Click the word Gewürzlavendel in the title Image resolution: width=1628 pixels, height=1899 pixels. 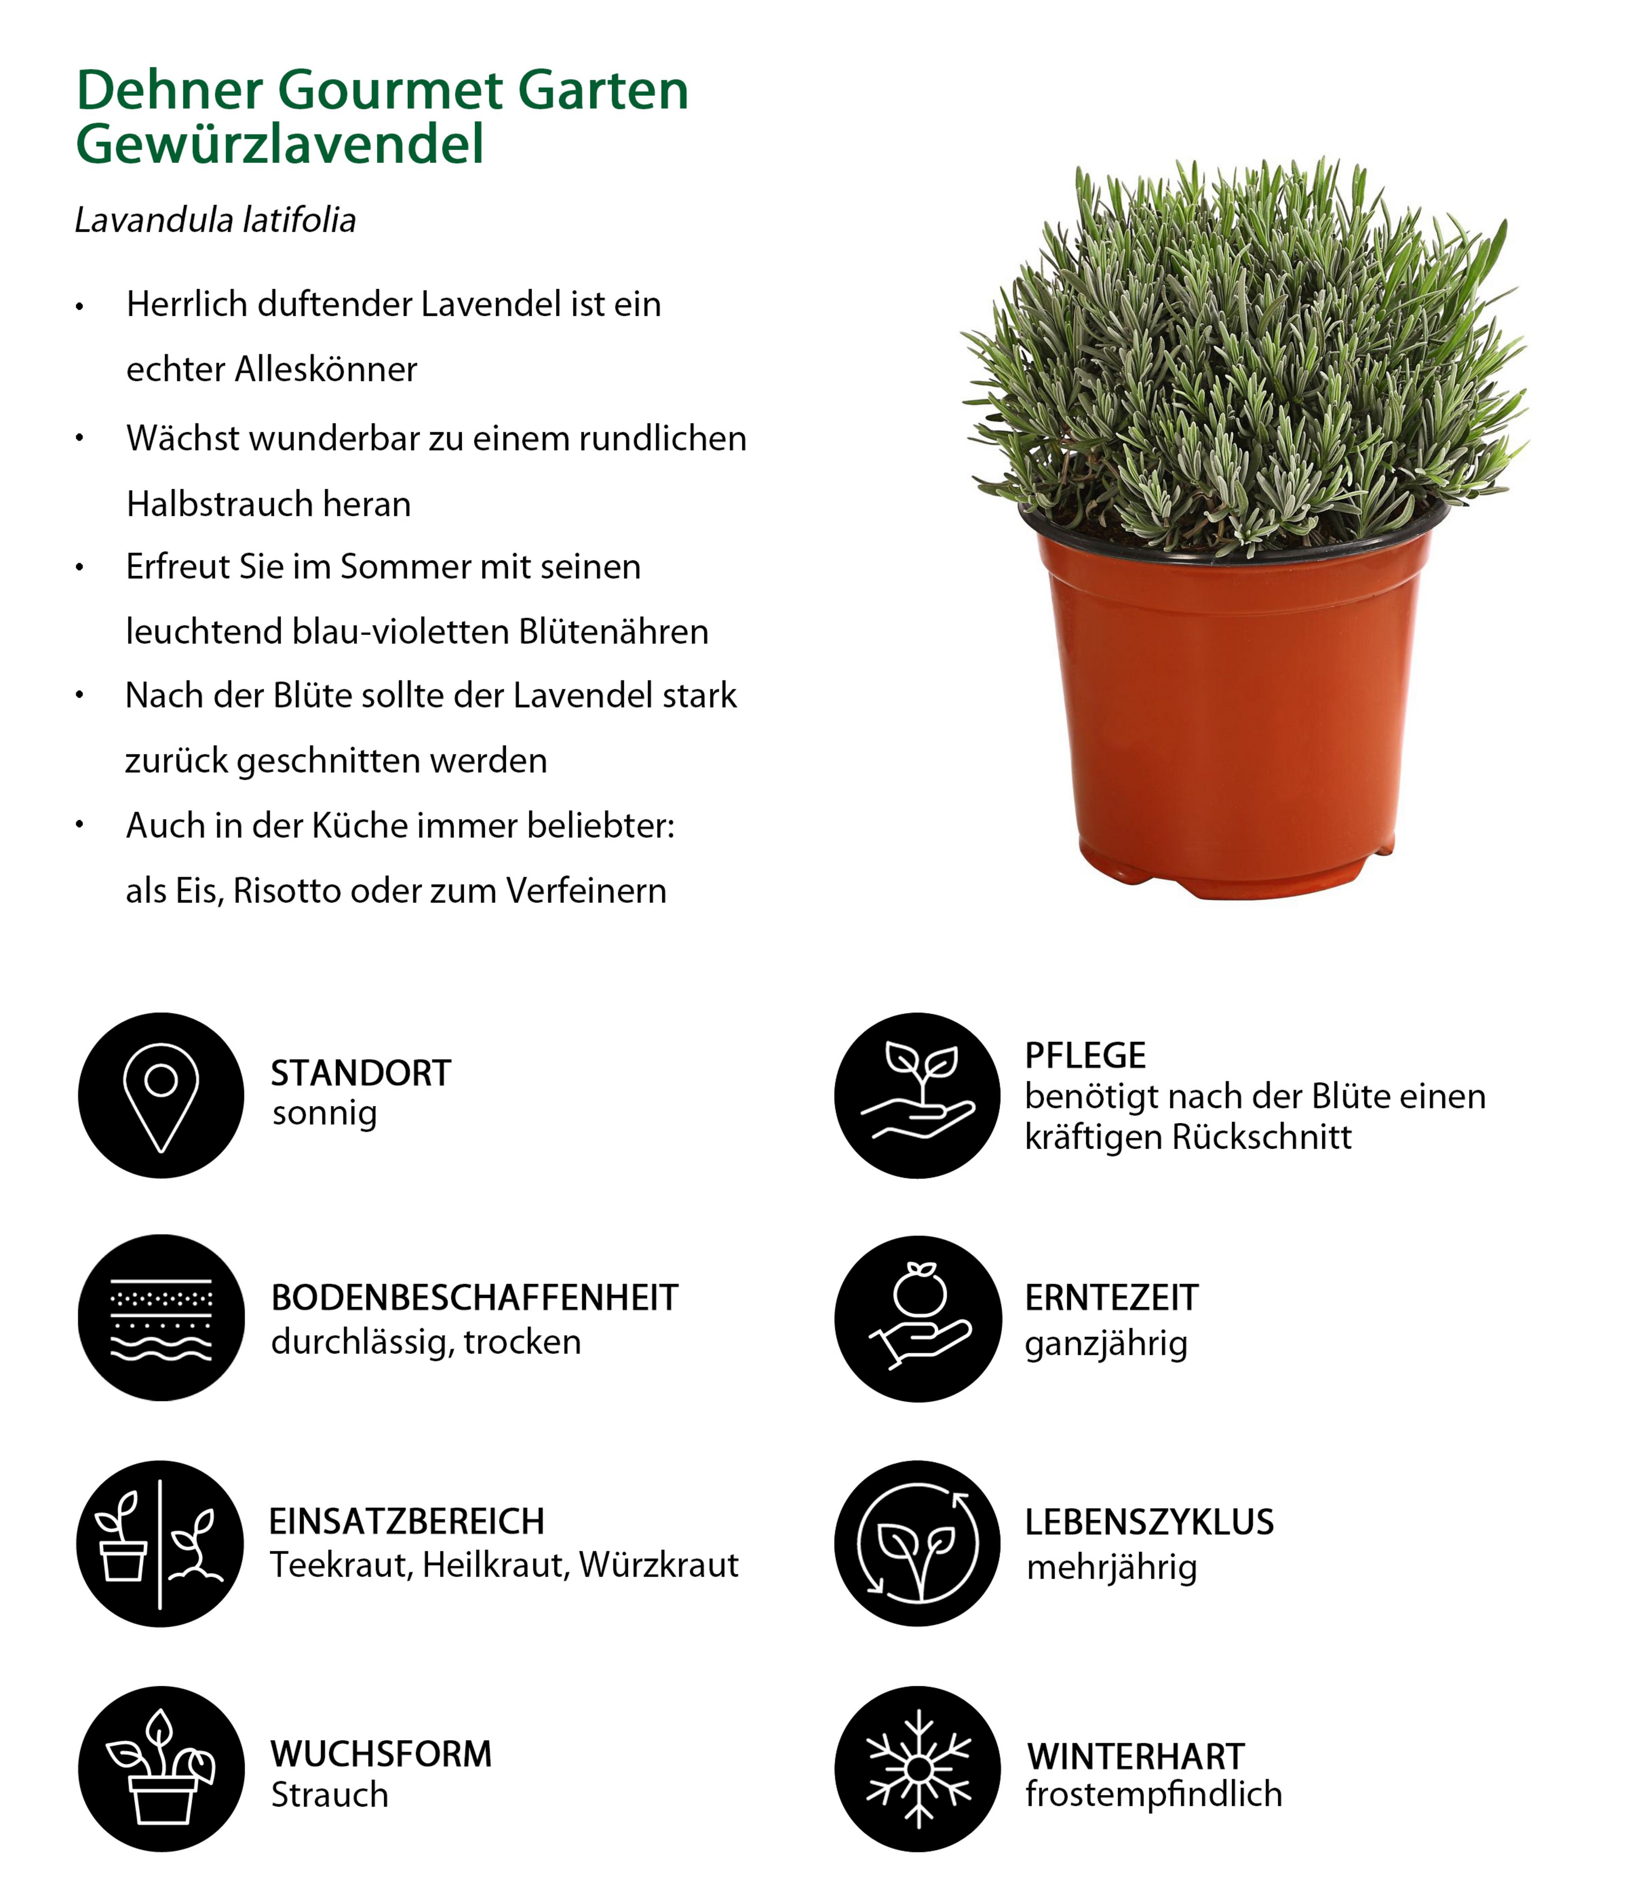point(279,145)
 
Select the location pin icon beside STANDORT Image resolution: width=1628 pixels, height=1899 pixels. point(162,1095)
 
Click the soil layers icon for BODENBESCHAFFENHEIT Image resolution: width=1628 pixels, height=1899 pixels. point(162,1318)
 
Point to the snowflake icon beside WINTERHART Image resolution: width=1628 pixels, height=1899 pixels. point(917,1769)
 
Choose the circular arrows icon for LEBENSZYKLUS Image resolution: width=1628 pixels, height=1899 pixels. point(917,1543)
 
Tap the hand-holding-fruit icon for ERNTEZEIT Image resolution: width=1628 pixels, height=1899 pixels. point(917,1318)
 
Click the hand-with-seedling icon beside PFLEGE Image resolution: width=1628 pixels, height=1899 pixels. point(917,1095)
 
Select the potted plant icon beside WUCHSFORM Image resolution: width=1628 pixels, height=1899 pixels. point(162,1769)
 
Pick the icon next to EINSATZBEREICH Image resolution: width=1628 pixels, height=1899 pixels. point(162,1543)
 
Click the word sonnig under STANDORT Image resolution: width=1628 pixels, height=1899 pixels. point(324,1114)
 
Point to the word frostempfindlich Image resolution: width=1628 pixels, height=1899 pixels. point(1153,1793)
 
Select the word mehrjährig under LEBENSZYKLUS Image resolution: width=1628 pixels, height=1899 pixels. point(1111,1567)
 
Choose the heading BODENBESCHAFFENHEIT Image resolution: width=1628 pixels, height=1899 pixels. point(474,1298)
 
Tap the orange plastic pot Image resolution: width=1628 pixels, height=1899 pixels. point(1233,715)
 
